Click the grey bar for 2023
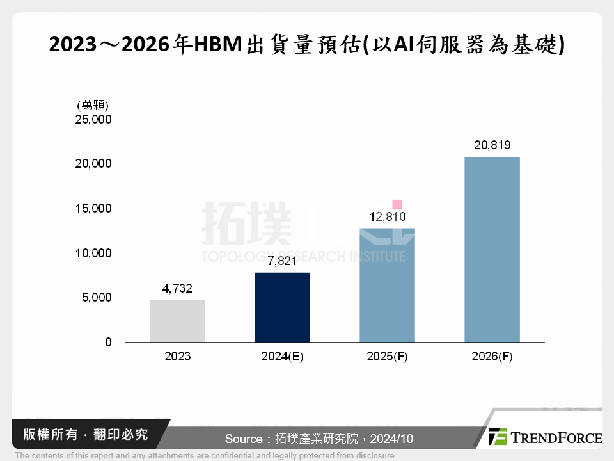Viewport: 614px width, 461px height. [x=177, y=321]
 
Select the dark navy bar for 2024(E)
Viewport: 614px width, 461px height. [x=282, y=307]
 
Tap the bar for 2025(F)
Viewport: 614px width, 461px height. [x=387, y=285]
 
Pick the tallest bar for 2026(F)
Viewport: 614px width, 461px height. [x=492, y=249]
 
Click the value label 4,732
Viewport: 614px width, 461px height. [x=177, y=289]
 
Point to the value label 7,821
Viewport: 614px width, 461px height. [x=282, y=261]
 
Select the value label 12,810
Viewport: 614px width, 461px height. [x=387, y=217]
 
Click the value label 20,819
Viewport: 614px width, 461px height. [x=492, y=145]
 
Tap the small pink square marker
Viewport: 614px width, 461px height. [x=397, y=204]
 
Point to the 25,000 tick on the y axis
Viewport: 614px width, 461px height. [x=93, y=119]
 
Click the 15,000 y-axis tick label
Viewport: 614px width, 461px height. [x=93, y=209]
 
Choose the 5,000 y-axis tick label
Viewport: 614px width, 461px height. [x=96, y=298]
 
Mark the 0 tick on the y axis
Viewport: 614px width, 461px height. [x=108, y=343]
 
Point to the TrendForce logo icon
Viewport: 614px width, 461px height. [x=498, y=437]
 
